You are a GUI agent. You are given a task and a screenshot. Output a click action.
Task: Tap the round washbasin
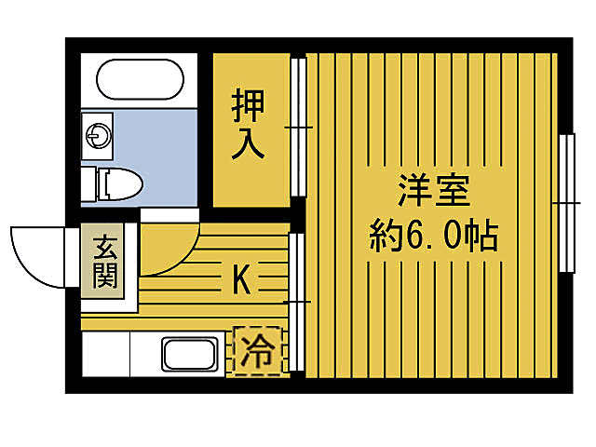point(97,135)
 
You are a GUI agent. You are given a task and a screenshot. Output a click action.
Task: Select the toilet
point(117,183)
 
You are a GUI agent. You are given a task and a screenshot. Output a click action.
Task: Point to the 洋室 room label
point(433,194)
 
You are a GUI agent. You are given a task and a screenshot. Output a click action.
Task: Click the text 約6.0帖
point(433,237)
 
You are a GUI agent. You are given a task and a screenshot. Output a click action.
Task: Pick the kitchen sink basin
point(190,355)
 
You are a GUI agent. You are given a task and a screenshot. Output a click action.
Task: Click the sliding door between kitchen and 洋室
point(299,303)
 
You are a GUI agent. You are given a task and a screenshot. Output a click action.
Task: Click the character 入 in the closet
point(250,142)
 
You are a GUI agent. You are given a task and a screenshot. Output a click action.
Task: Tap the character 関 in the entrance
point(104,277)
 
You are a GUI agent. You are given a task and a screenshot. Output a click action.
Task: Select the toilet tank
point(88,183)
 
